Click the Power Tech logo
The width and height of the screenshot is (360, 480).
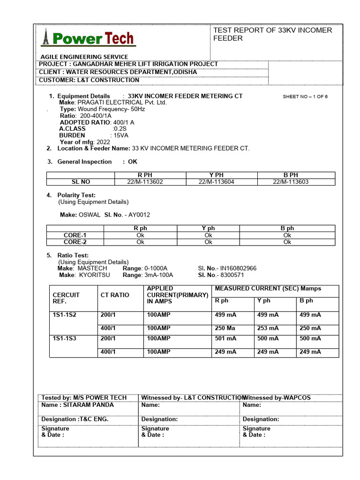coord(89,38)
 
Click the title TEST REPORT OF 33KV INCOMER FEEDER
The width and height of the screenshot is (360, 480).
coord(272,34)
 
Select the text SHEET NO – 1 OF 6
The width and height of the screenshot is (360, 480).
coord(305,97)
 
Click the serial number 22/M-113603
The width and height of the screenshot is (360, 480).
coord(291,182)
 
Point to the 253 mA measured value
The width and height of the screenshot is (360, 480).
coord(268,328)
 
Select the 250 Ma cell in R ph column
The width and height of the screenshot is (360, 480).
coord(225,328)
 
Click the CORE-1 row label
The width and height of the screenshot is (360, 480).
coord(75,235)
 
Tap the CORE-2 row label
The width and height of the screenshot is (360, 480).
coord(75,242)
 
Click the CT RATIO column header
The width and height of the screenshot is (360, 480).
coord(115,295)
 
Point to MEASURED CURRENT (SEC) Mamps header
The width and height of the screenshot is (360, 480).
coord(268,288)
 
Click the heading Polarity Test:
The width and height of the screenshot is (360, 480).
coord(76,195)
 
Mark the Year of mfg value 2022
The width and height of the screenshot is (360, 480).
coord(103,142)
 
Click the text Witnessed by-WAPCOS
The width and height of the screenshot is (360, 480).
coord(277,397)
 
